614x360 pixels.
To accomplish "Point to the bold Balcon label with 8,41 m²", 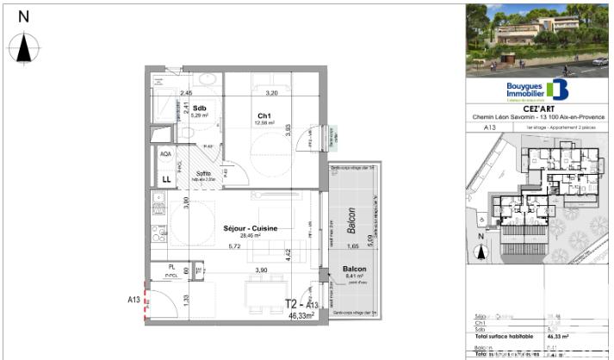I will click(x=354, y=270).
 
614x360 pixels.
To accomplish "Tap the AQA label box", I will click(x=165, y=154).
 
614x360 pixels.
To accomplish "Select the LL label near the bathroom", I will click(x=165, y=179).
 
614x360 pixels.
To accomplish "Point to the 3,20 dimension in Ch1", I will click(x=271, y=92).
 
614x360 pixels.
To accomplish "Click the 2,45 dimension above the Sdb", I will click(x=185, y=92).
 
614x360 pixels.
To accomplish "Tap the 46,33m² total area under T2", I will click(x=303, y=315).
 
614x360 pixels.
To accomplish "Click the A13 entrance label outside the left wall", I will click(x=133, y=300).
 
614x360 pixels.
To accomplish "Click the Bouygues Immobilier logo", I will click(x=537, y=90).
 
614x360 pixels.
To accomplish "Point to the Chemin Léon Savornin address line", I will click(x=538, y=117).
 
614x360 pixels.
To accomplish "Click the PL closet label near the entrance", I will click(x=172, y=268).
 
